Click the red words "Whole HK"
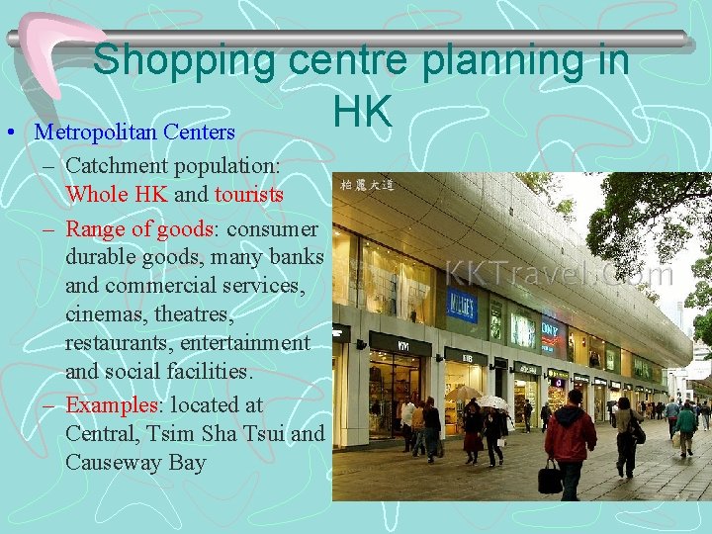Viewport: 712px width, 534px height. click(x=117, y=194)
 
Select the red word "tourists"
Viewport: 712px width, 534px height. click(x=248, y=194)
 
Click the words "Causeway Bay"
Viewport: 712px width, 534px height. click(x=135, y=462)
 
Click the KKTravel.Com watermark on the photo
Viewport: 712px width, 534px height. click(x=560, y=273)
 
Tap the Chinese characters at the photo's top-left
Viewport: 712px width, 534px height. click(x=365, y=184)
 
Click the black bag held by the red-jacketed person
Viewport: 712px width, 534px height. click(x=550, y=480)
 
